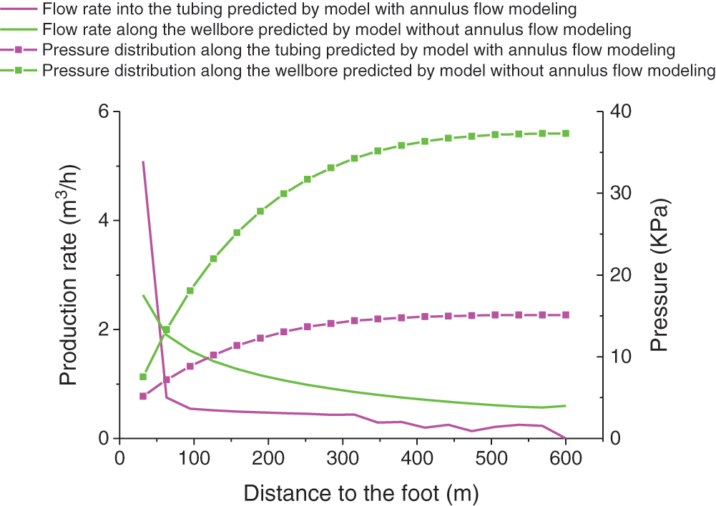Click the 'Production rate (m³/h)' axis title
[69, 275]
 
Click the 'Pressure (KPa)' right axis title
[659, 275]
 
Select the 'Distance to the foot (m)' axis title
[361, 492]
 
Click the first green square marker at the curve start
[142, 377]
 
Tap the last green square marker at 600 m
[566, 134]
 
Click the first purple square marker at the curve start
[142, 396]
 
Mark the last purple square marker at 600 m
[566, 315]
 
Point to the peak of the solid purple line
[143, 162]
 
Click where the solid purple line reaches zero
[566, 438]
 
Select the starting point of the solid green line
[143, 295]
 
